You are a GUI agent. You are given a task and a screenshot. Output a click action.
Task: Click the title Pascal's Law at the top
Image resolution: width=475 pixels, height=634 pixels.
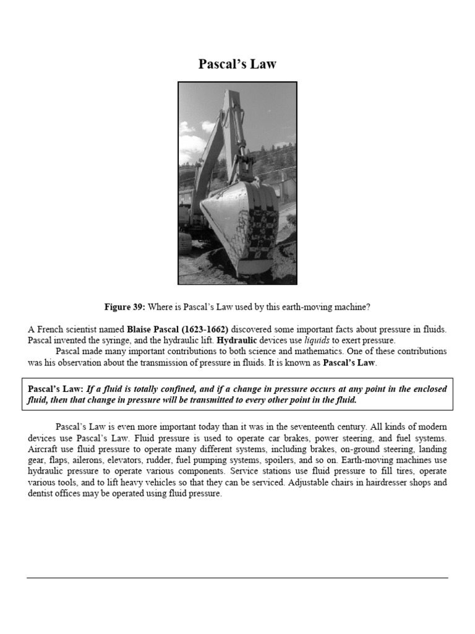pyautogui.click(x=237, y=64)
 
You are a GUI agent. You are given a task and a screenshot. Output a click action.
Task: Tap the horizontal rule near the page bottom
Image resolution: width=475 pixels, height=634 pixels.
pyautogui.click(x=237, y=578)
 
